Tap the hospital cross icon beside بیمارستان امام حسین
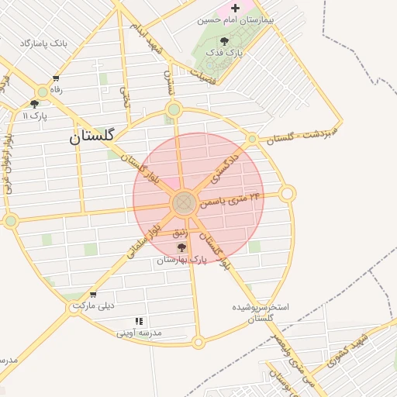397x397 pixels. point(235,8)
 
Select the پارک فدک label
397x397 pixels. point(230,53)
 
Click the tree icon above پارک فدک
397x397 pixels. point(225,41)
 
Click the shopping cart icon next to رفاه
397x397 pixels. point(56,78)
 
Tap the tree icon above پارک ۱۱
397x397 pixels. point(34,104)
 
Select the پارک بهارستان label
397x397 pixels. point(182,260)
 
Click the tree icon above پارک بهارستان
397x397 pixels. point(182,248)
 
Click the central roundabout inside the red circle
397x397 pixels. point(184,204)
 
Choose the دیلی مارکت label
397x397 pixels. point(93,306)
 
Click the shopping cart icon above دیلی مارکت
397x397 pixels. point(93,294)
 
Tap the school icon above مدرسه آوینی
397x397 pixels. point(139,320)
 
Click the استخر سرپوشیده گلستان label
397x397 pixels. point(261,312)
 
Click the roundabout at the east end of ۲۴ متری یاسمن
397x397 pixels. point(288,193)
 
